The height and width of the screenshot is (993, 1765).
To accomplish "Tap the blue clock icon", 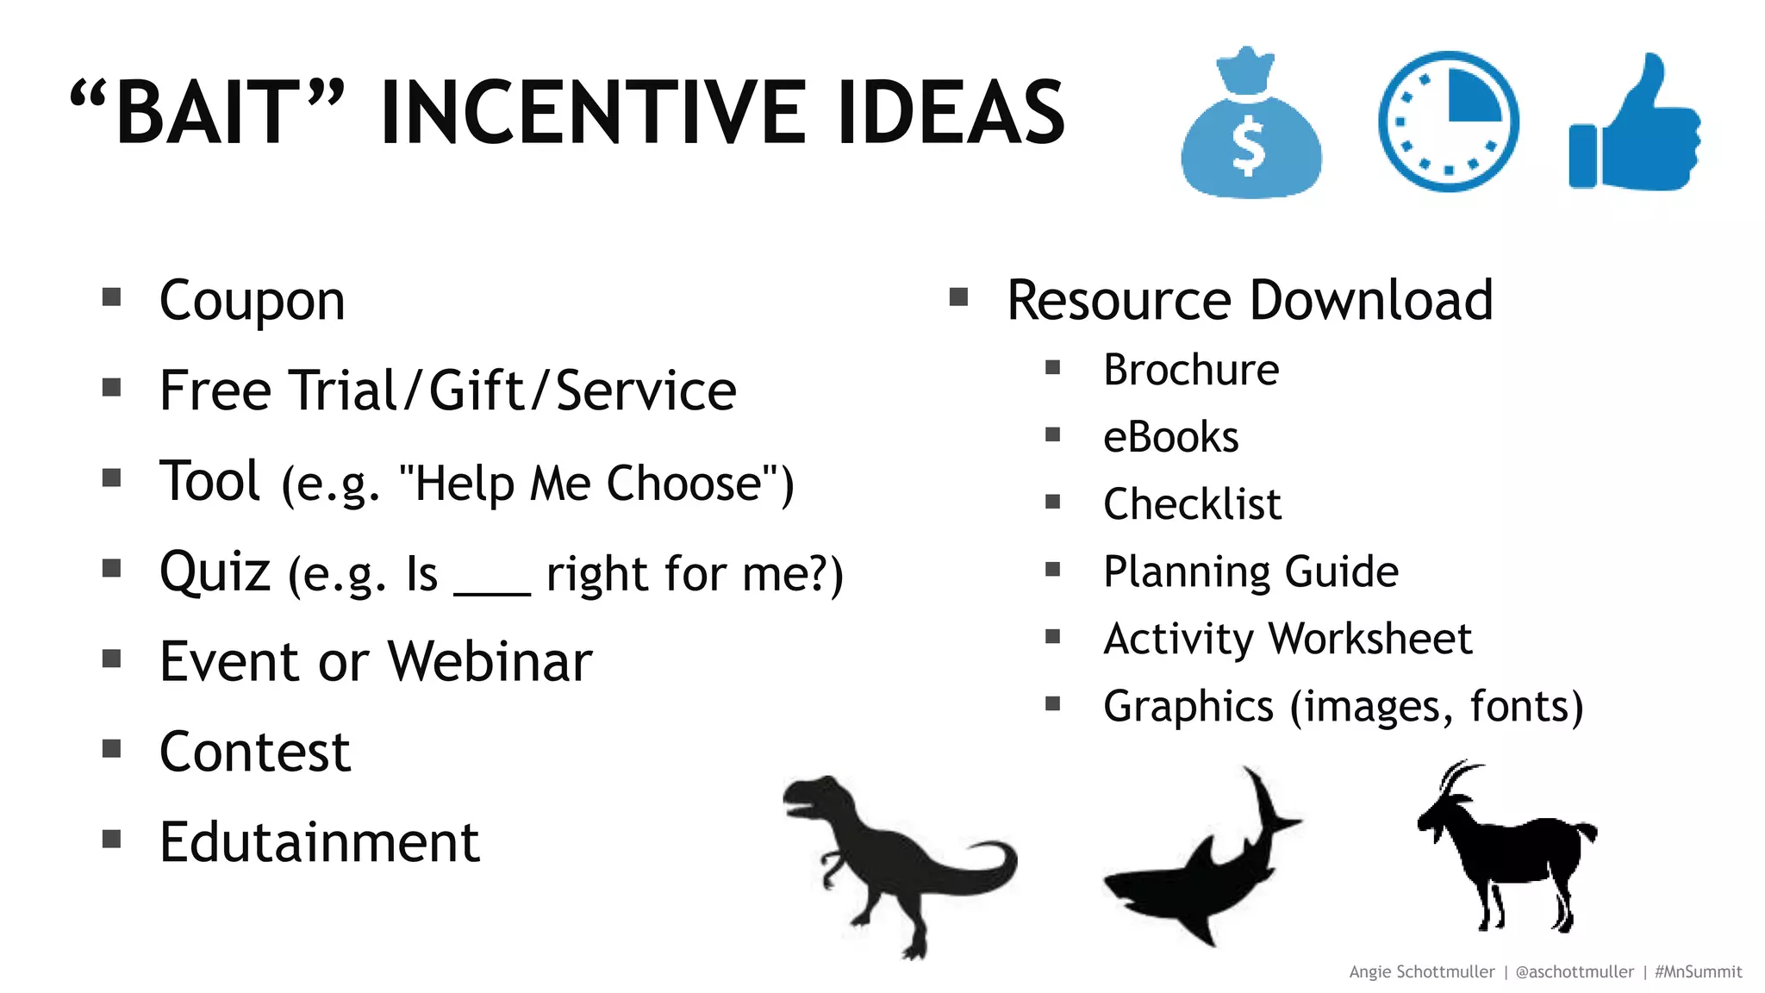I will point(1448,122).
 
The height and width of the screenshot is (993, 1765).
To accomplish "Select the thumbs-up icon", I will point(1634,125).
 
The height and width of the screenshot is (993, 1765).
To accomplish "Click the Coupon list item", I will point(252,301).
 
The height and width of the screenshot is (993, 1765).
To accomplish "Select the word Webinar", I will point(490,662).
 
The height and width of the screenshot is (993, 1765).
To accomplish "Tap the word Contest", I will point(255,752).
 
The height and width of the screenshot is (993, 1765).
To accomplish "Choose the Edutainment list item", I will point(319,842).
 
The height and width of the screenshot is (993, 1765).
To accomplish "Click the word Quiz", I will point(215,571).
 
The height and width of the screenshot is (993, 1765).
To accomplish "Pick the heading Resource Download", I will point(1250,301).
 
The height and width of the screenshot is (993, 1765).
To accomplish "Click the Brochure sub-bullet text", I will point(1191,370).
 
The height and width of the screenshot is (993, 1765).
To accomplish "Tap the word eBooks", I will point(1170,437).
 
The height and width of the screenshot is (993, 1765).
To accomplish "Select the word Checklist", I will point(1192,504).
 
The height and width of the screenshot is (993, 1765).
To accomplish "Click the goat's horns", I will point(1456,776).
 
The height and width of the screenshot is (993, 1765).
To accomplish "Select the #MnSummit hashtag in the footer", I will point(1698,971).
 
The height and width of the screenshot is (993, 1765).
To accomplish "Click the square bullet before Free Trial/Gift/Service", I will point(111,388).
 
